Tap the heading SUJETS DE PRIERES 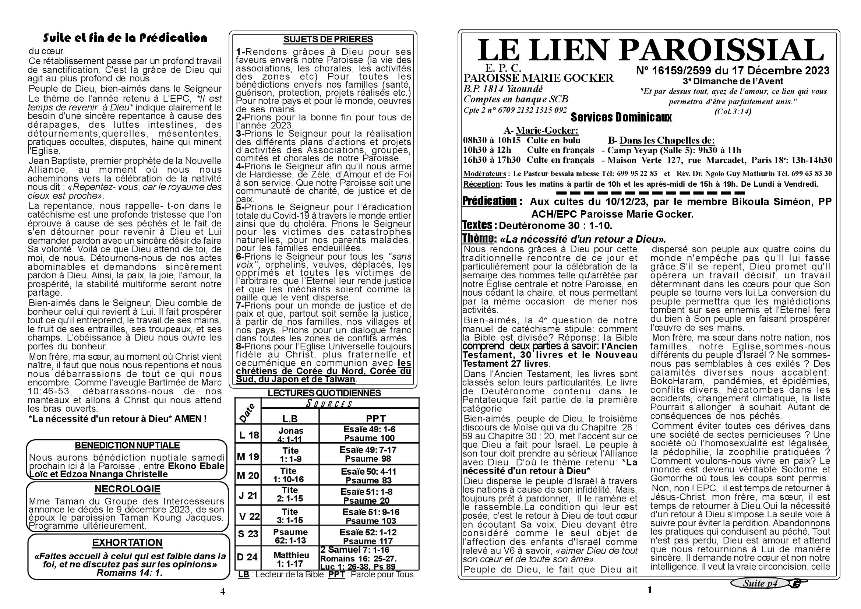coord(328,39)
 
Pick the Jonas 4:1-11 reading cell coord(291,435)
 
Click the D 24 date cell coord(247,557)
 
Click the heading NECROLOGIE coord(127,489)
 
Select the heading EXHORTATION coord(127,543)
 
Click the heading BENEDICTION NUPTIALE coord(127,446)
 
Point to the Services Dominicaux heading coord(621,117)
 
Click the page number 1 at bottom coord(650,590)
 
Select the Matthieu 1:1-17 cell coord(291,559)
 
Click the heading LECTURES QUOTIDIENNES coord(324,393)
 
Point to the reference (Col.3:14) coord(733,111)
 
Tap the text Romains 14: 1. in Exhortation coord(129,573)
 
